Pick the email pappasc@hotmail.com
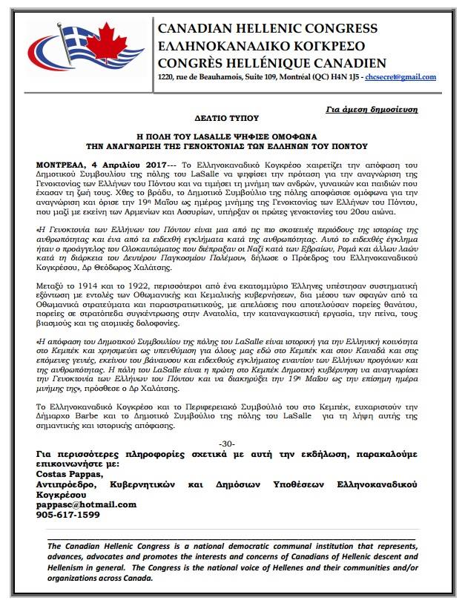(x=86, y=504)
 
